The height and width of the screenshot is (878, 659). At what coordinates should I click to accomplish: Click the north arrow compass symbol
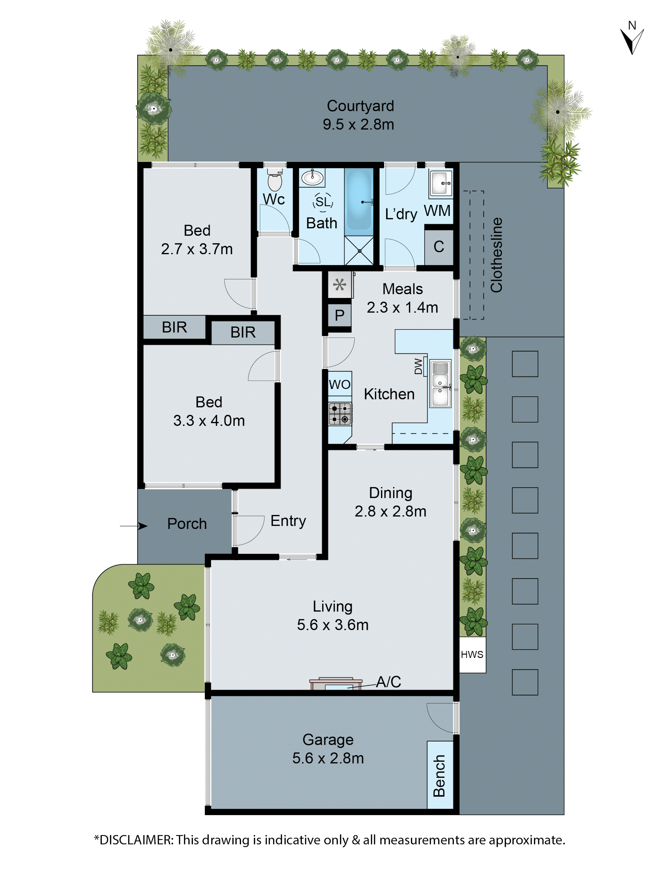pos(632,40)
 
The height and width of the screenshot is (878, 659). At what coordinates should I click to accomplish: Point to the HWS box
pos(472,655)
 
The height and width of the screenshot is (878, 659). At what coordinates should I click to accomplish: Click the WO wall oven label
pos(340,384)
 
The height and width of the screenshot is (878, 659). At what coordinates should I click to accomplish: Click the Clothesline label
pos(496,255)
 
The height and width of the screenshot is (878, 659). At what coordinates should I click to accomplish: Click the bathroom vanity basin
pos(312,177)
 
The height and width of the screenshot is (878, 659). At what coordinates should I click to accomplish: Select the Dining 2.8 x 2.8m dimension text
pos(390,511)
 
